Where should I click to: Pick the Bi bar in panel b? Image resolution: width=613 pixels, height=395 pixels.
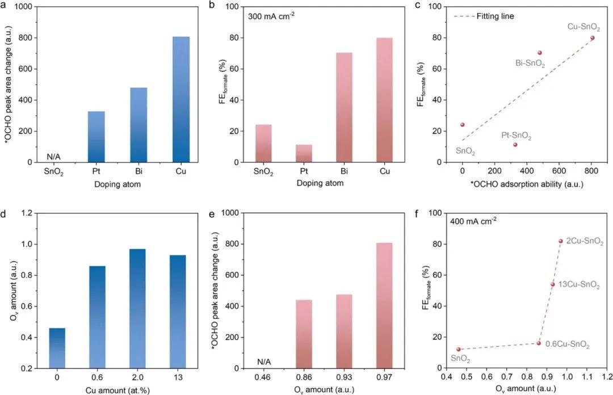point(340,107)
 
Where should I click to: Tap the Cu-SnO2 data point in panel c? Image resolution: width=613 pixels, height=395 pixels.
point(593,37)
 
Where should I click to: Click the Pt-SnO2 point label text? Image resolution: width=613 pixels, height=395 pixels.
point(516,136)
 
